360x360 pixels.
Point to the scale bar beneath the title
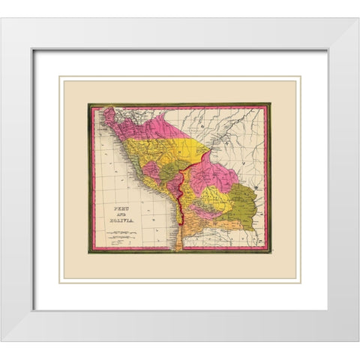click(121, 232)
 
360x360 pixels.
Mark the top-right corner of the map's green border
click(270, 103)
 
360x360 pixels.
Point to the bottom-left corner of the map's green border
click(88, 253)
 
